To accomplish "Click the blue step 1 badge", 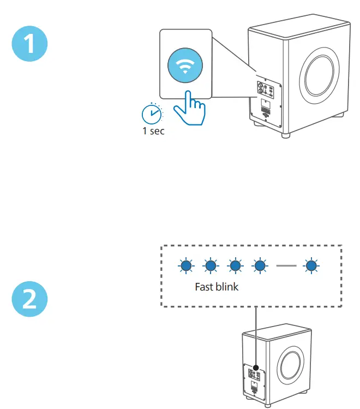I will point(30,44).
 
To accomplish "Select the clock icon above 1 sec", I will point(152,114).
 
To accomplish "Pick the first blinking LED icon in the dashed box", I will point(186,266).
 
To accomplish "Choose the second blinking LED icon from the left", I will point(211,266).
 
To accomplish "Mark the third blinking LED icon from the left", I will point(235,266).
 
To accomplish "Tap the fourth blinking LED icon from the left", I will point(260,266).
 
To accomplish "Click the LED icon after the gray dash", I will point(312,266).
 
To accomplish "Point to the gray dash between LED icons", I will point(286,266).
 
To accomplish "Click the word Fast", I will point(205,286).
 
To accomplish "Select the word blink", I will point(227,286).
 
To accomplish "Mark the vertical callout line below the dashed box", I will point(255,336).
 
